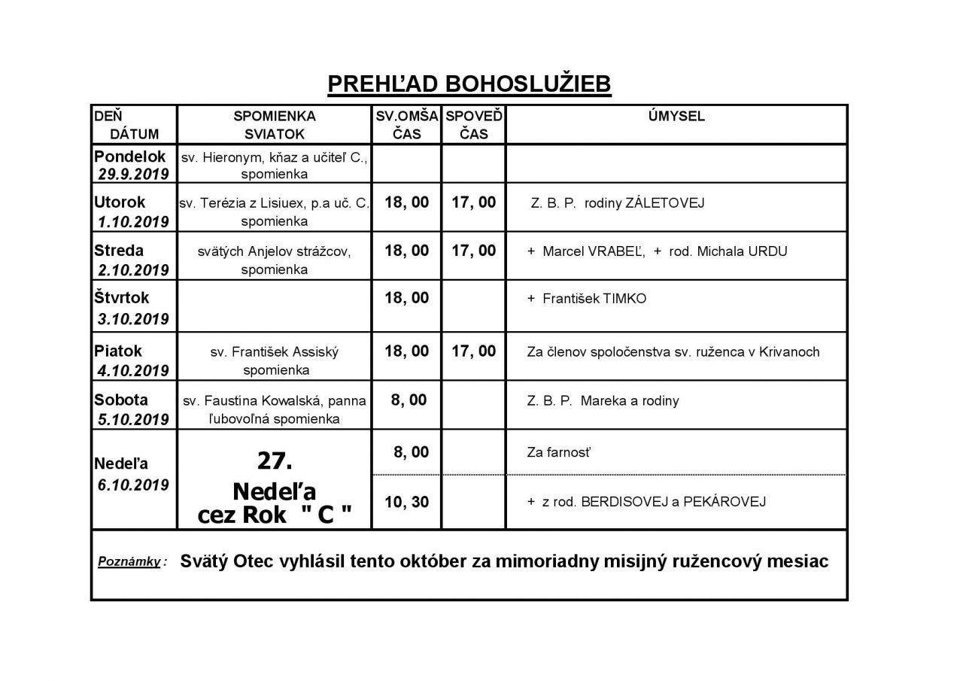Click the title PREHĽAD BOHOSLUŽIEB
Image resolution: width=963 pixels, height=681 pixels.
pyautogui.click(x=469, y=84)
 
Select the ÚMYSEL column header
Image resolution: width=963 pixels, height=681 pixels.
pyautogui.click(x=676, y=117)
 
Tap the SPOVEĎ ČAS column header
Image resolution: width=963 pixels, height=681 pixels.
pyautogui.click(x=474, y=125)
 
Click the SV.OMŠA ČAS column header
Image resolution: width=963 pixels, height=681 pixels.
pyautogui.click(x=407, y=125)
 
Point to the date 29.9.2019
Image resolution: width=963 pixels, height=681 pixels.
pyautogui.click(x=133, y=174)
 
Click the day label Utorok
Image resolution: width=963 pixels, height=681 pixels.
pyautogui.click(x=120, y=202)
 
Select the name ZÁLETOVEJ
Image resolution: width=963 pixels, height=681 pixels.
pyautogui.click(x=665, y=203)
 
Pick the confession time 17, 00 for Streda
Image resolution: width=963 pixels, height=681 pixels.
pyautogui.click(x=474, y=251)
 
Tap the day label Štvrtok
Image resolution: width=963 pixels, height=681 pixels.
pyautogui.click(x=122, y=298)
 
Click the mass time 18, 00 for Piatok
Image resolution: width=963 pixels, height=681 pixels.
pyautogui.click(x=407, y=351)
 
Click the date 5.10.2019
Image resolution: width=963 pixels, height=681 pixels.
pyautogui.click(x=133, y=419)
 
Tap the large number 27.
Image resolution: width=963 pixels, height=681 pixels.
pyautogui.click(x=274, y=460)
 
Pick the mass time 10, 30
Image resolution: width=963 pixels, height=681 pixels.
pyautogui.click(x=407, y=501)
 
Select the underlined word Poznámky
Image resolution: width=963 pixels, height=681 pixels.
pyautogui.click(x=129, y=562)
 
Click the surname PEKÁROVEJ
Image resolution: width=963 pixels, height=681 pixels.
pyautogui.click(x=722, y=502)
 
